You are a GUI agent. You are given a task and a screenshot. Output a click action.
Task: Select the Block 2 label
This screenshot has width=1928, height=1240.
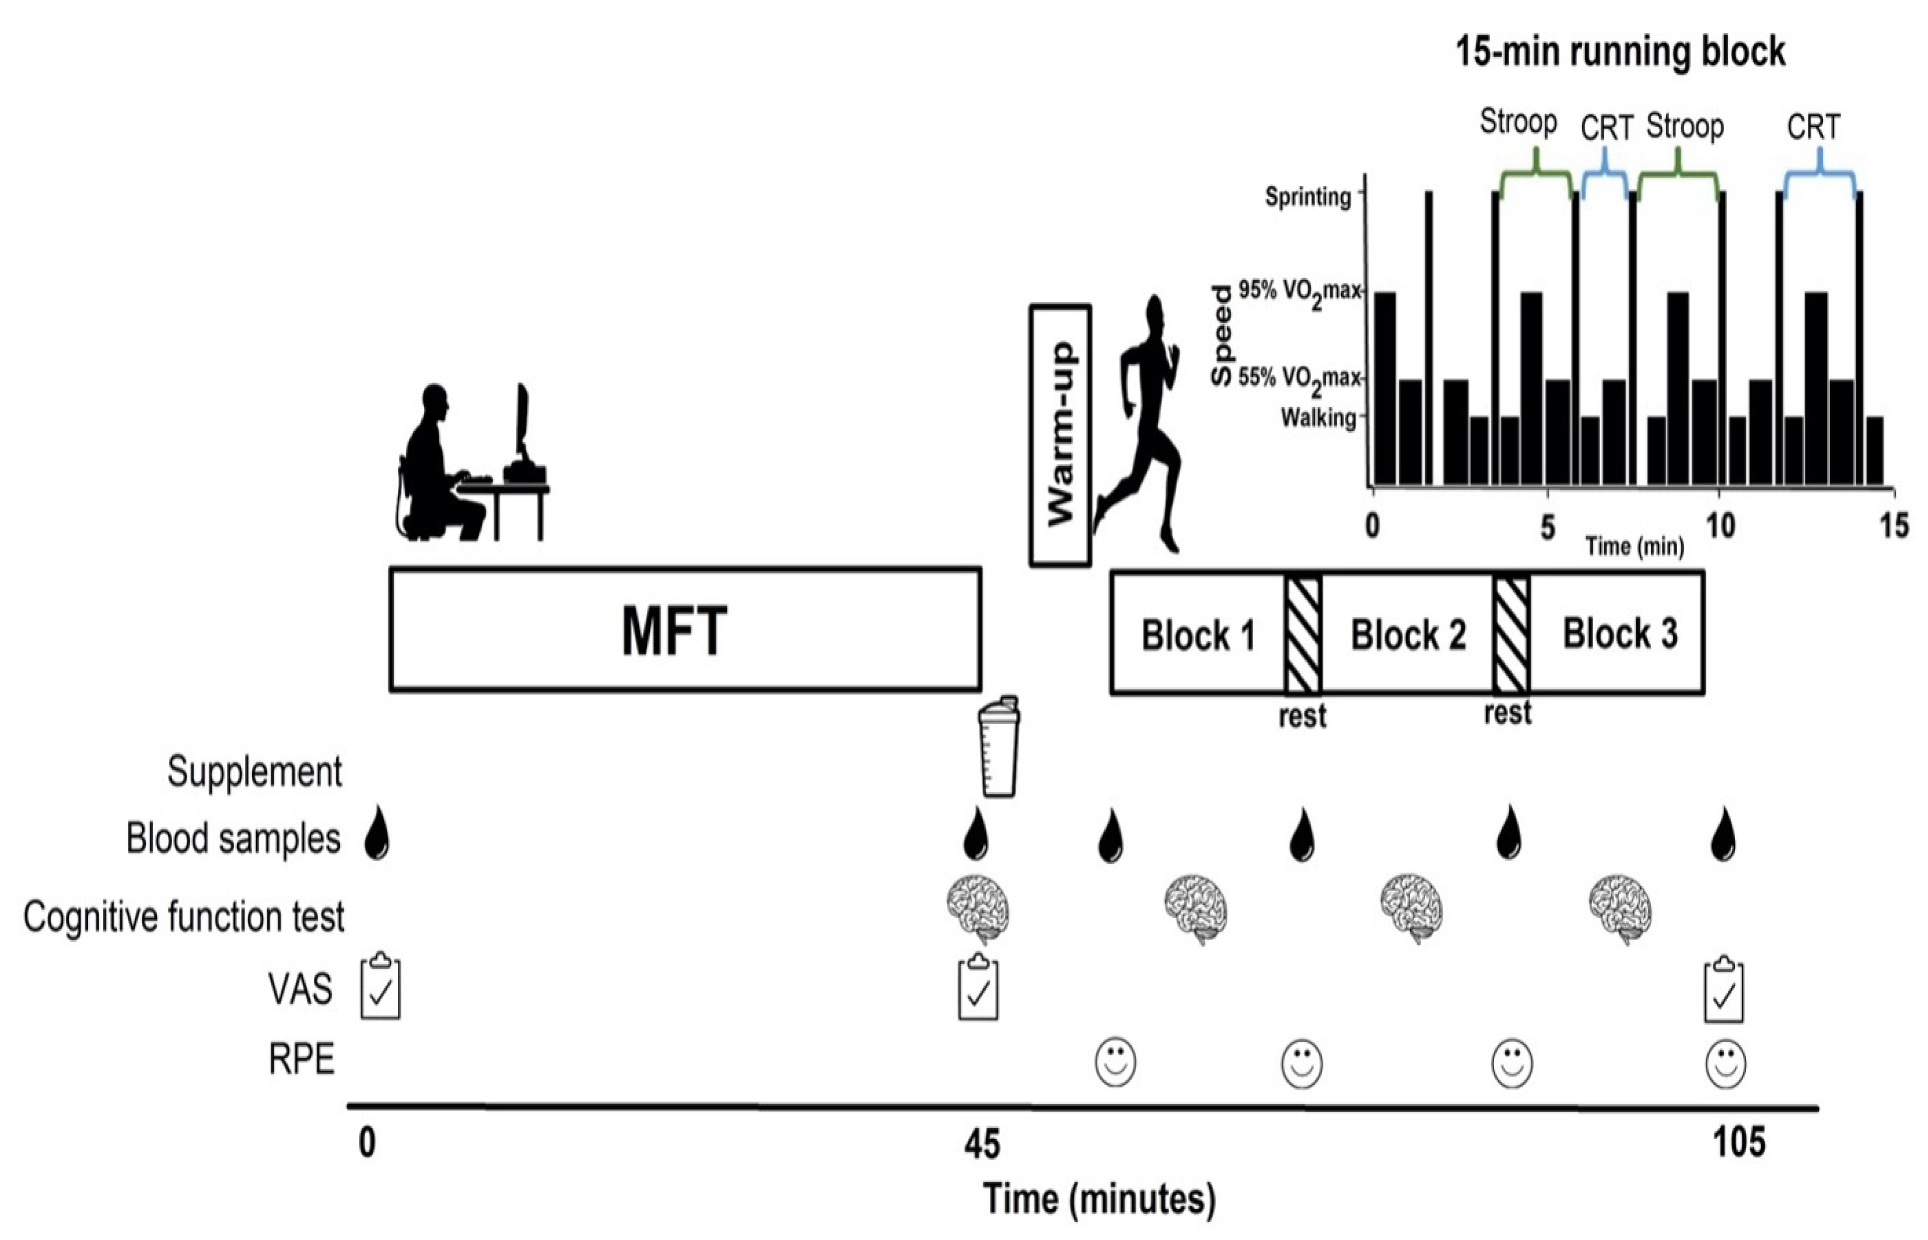tap(1408, 635)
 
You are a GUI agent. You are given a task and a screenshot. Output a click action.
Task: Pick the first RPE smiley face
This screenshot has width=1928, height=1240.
tap(1115, 1062)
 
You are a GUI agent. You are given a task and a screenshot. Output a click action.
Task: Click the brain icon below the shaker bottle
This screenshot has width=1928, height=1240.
tap(978, 909)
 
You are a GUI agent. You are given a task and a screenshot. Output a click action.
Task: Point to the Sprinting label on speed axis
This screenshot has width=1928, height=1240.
tap(1308, 197)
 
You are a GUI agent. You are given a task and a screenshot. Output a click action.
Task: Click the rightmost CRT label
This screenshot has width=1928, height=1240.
tap(1814, 127)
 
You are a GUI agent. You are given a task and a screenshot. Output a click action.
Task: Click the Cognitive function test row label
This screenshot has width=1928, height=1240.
tap(184, 917)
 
